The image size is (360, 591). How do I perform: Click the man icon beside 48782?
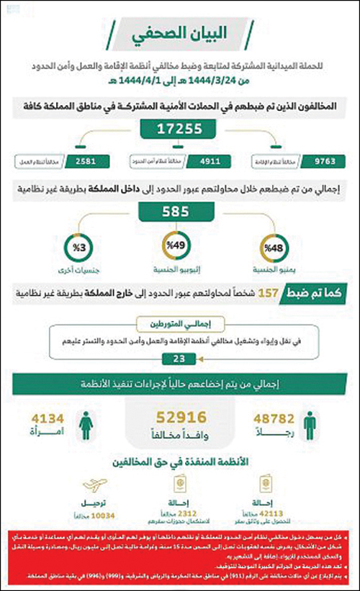point(310,425)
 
